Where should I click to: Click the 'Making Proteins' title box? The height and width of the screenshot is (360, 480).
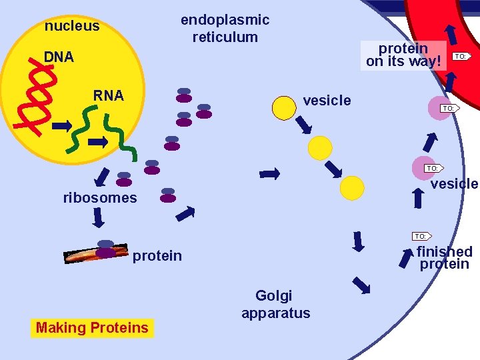pos(92,327)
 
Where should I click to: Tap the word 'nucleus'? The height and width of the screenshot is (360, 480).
pos(71,27)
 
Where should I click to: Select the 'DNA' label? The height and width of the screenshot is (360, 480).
pos(59,57)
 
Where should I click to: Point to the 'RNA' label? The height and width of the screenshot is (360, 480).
pos(108,95)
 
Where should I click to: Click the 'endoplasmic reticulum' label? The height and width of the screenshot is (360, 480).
pos(225,29)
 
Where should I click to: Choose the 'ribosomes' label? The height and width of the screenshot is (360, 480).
pos(100,197)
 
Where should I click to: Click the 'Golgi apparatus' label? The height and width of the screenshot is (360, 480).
pos(275,304)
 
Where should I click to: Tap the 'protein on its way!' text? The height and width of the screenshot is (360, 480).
pos(403,55)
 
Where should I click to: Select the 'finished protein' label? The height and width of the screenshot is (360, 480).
pos(445,257)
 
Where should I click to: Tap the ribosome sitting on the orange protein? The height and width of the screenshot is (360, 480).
pos(105,249)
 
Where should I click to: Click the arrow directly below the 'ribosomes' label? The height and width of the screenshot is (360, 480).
pos(99,218)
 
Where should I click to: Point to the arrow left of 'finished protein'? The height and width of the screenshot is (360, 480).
pos(406,257)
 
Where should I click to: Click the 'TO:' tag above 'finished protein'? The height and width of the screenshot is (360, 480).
pos(421,236)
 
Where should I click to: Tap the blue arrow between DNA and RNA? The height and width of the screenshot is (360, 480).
pos(62,125)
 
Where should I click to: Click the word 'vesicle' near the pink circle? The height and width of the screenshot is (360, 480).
pos(454,184)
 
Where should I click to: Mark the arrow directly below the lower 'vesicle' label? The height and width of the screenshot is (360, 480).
pos(419,198)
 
